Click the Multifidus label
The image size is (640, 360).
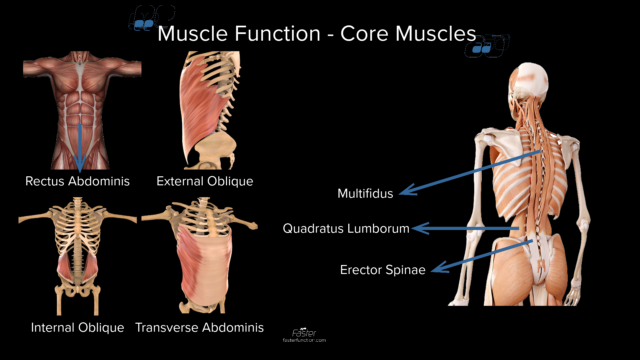pyautogui.click(x=365, y=194)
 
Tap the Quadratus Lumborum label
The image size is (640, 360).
pyautogui.click(x=346, y=229)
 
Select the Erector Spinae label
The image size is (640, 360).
pyautogui.click(x=382, y=270)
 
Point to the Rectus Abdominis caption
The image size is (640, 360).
pyautogui.click(x=77, y=181)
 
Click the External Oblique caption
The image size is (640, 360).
pyautogui.click(x=205, y=181)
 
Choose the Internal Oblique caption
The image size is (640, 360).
pyautogui.click(x=77, y=328)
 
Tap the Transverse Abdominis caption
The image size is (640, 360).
pyautogui.click(x=199, y=328)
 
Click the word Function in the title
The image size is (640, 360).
pyautogui.click(x=277, y=34)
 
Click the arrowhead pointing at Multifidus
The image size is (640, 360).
pyautogui.click(x=406, y=191)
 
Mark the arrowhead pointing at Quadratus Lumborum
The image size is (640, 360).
pyautogui.click(x=419, y=229)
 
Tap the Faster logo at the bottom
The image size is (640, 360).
pyautogui.click(x=304, y=333)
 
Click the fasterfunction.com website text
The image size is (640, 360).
pyautogui.click(x=304, y=340)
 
